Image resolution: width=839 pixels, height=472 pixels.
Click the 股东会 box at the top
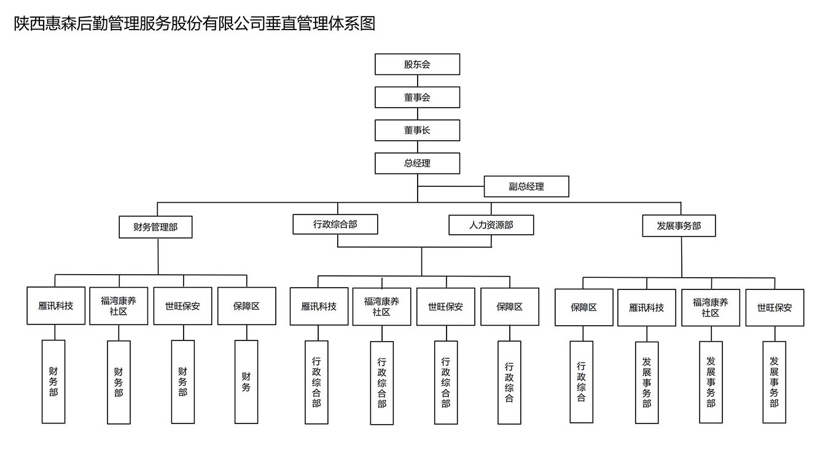click(417, 65)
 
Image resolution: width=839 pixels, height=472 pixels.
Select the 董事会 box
click(417, 97)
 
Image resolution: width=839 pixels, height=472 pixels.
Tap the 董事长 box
click(417, 130)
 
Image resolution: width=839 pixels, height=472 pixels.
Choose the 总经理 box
click(417, 163)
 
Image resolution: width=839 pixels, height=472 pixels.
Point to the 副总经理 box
click(526, 186)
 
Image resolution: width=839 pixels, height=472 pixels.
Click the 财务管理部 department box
click(155, 227)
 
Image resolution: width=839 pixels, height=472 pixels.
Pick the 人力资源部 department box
click(491, 225)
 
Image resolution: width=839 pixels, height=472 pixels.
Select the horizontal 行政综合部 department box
click(335, 224)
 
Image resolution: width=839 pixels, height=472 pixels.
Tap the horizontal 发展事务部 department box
click(679, 226)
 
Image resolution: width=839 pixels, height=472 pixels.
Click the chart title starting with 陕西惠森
click(194, 24)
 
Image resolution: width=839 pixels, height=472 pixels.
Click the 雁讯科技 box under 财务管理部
click(56, 305)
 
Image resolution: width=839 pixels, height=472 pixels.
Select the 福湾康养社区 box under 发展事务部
click(711, 307)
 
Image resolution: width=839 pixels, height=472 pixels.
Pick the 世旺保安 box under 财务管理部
click(182, 305)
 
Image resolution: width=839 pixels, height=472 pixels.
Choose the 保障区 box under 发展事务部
click(583, 307)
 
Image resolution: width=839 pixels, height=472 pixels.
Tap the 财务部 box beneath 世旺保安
click(182, 382)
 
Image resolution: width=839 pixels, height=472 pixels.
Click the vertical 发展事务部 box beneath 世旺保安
click(774, 382)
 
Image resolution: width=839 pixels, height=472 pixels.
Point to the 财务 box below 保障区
click(246, 382)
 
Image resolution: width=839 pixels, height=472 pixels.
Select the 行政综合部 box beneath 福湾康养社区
click(381, 383)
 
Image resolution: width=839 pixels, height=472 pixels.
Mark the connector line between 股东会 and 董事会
click(417, 81)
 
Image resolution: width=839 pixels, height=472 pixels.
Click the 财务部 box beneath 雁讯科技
click(53, 382)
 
